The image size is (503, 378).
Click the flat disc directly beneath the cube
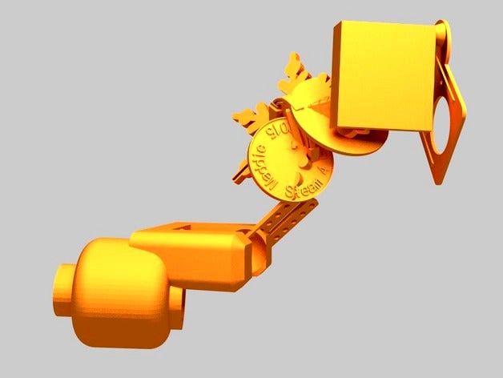pos(360,144)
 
